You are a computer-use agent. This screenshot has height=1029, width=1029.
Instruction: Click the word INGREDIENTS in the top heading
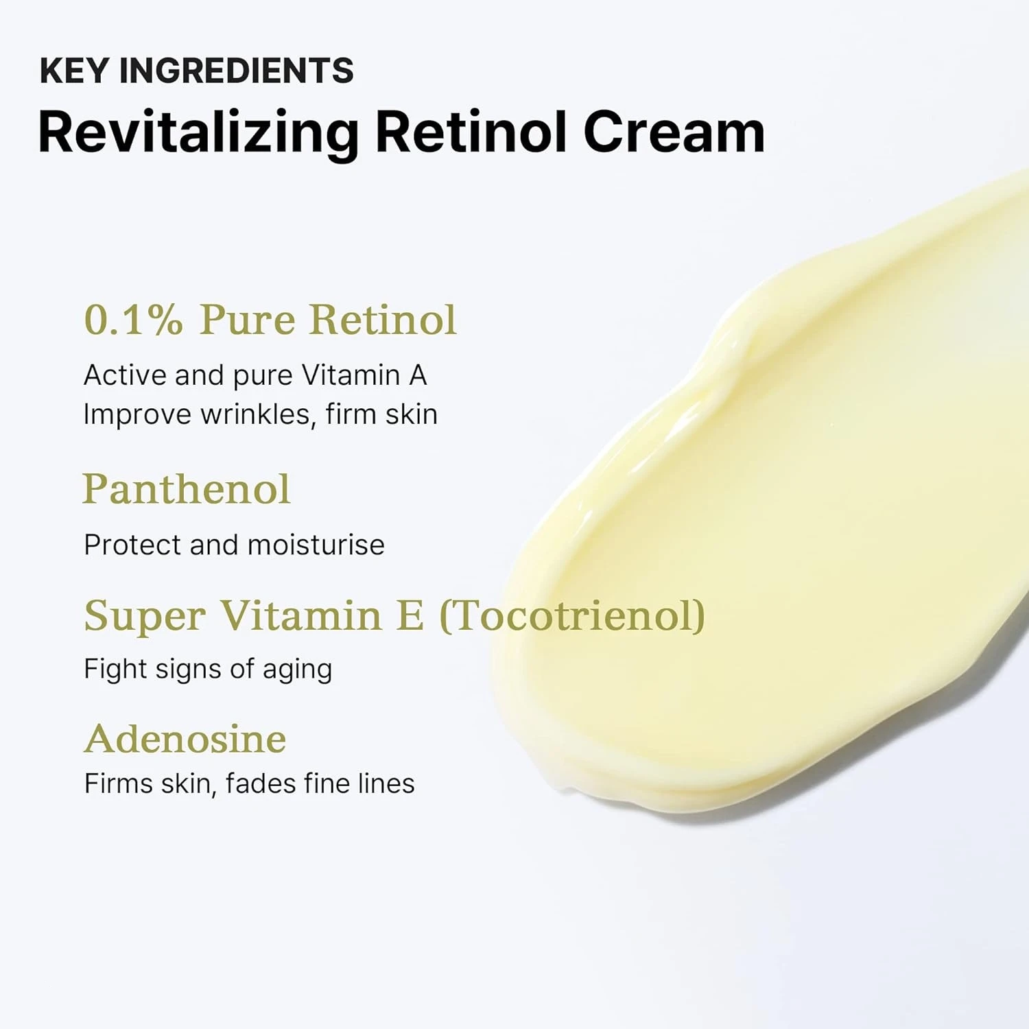237,71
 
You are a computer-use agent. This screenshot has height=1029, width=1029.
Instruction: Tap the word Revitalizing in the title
198,132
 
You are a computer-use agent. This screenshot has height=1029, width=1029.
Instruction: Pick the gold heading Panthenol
187,489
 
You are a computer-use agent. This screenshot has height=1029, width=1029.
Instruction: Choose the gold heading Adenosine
185,739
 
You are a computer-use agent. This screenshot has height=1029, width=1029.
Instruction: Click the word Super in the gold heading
145,615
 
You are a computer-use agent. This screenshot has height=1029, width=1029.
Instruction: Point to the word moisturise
316,545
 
